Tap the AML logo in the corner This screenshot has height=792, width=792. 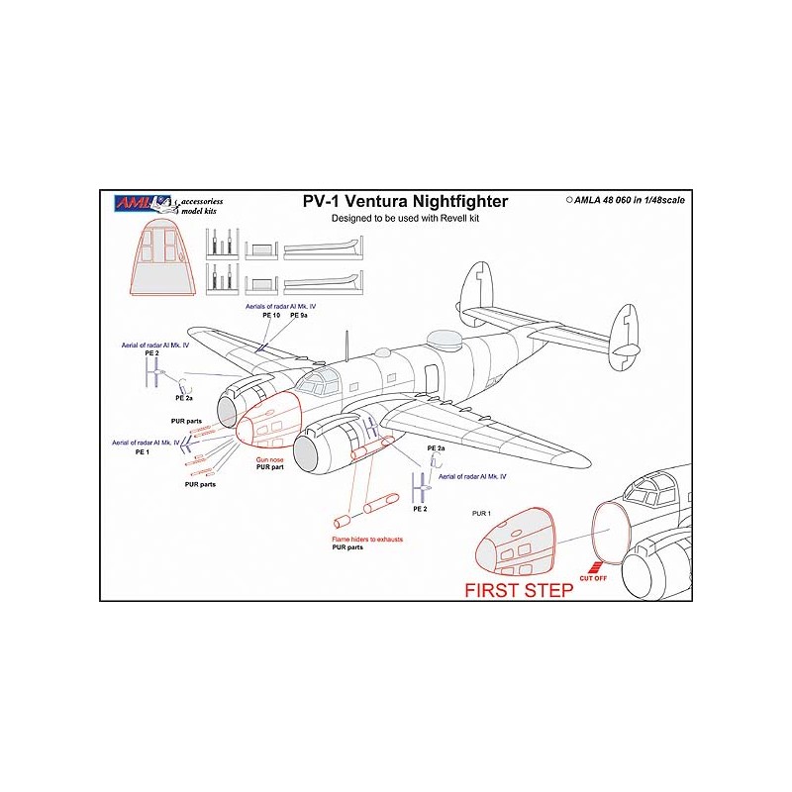coord(132,201)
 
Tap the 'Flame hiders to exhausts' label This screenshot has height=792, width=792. coord(367,539)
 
